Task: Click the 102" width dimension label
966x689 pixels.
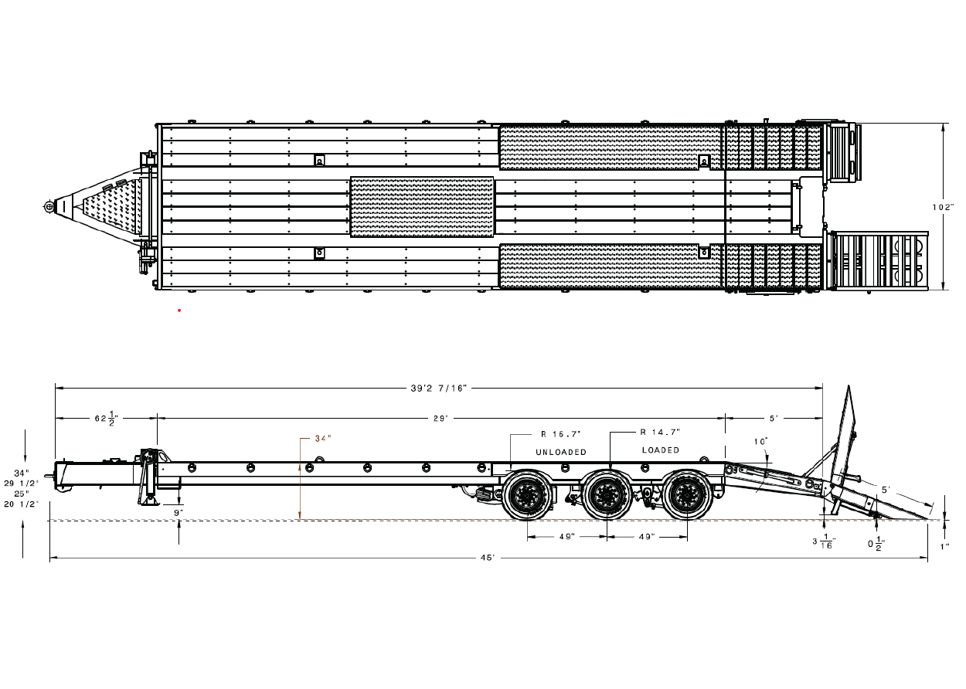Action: [x=943, y=207]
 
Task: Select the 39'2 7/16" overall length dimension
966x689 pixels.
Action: [x=439, y=388]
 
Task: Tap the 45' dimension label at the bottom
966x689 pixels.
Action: [x=488, y=558]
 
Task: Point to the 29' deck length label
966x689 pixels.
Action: [x=440, y=418]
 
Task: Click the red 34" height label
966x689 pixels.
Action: [x=323, y=439]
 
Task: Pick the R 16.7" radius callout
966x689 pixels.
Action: [x=561, y=434]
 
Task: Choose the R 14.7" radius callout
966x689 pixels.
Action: [x=660, y=432]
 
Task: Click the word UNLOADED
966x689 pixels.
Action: [x=561, y=452]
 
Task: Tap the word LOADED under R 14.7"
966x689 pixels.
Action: [x=660, y=450]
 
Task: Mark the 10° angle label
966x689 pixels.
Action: [x=760, y=442]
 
